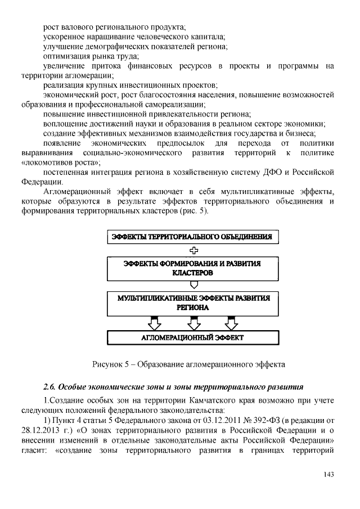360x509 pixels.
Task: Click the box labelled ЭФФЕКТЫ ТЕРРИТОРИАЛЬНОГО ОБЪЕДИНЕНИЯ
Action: (192, 237)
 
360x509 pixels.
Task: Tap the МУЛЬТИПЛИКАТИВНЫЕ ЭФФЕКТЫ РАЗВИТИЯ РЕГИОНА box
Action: (192, 303)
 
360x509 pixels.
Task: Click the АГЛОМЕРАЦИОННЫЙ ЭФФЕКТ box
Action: (192, 337)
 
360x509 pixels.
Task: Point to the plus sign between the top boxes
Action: (192, 251)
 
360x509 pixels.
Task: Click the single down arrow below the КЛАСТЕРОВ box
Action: (192, 285)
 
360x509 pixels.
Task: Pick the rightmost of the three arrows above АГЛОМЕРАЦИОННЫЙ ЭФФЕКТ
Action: (231, 323)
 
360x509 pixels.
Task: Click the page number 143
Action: (329, 475)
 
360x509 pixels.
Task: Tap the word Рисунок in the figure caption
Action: (107, 364)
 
